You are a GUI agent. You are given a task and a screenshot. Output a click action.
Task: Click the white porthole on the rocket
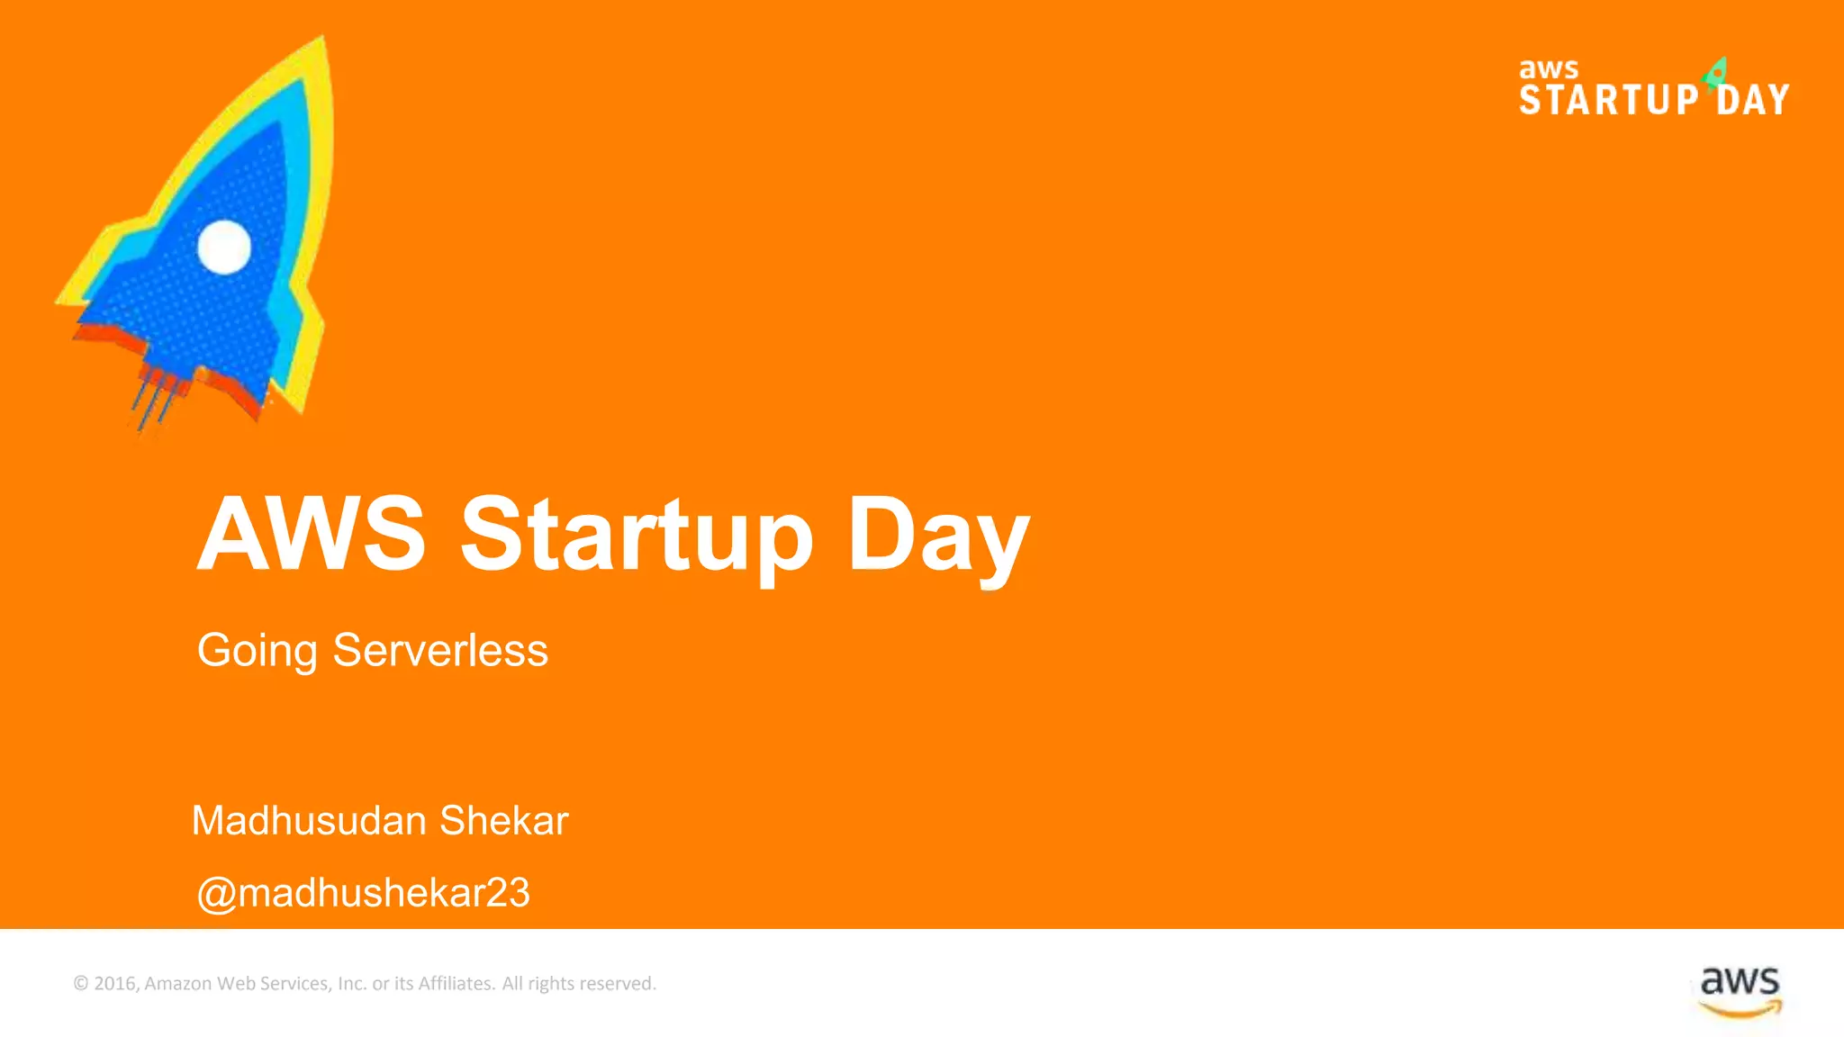click(x=224, y=247)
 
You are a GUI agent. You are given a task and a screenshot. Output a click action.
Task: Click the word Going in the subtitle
click(x=257, y=651)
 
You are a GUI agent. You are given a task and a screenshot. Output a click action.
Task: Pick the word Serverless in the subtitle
click(x=440, y=650)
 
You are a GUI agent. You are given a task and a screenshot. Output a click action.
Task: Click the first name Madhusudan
click(x=309, y=821)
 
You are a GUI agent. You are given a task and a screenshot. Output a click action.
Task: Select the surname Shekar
click(x=504, y=821)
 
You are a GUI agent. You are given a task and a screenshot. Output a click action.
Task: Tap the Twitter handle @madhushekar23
click(x=363, y=893)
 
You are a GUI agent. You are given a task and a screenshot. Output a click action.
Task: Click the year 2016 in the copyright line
click(x=114, y=984)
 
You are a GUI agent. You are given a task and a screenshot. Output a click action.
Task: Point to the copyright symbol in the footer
click(x=81, y=984)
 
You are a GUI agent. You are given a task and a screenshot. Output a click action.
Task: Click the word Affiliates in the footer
click(x=456, y=984)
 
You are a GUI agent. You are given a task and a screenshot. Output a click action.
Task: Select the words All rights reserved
click(x=579, y=984)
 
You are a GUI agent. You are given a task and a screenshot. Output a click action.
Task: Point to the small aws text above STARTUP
click(x=1549, y=69)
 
